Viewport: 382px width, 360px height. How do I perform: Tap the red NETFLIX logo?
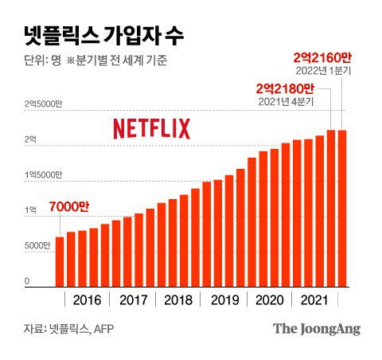coord(150,128)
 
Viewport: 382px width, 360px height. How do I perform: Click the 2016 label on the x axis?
coord(86,300)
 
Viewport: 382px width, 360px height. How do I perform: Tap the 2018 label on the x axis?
coord(177,300)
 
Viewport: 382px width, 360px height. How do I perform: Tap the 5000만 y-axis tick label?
coord(39,245)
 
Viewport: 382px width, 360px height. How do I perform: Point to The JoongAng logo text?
coord(316,328)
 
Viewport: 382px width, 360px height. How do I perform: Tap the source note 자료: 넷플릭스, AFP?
coord(70,328)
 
